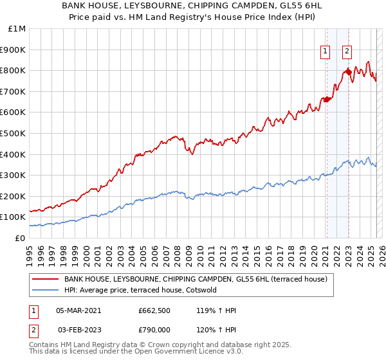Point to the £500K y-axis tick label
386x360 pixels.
[14, 134]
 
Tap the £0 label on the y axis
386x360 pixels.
[21, 238]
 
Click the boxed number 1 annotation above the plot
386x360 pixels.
[326, 52]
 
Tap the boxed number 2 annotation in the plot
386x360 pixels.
[347, 52]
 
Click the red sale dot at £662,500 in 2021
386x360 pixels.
[326, 99]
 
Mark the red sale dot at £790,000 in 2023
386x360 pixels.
[348, 72]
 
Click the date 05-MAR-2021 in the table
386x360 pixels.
[78, 310]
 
